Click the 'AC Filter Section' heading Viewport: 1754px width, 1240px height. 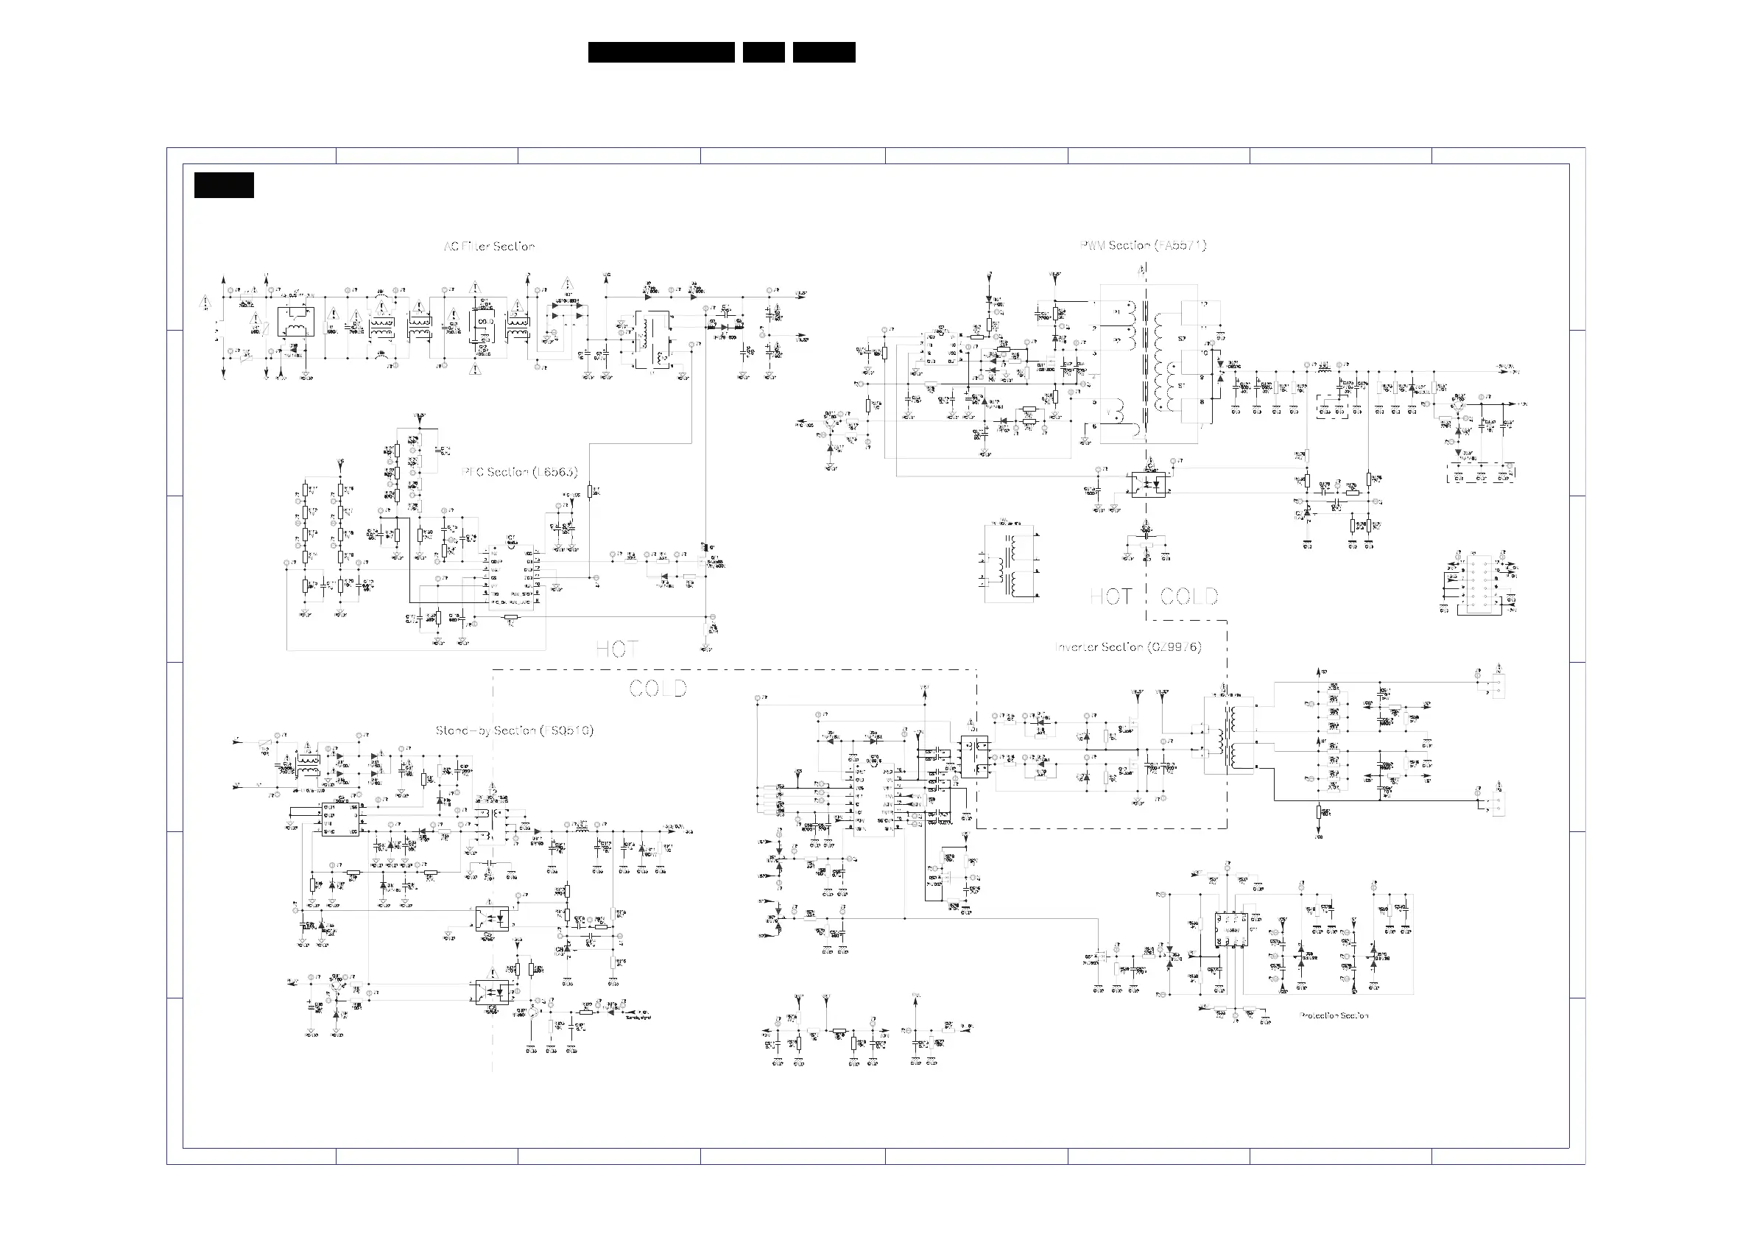tap(489, 247)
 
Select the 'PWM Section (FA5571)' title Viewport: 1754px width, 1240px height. tap(1143, 245)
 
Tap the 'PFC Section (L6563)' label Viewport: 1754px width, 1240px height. tap(519, 472)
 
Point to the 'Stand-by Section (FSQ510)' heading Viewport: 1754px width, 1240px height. tap(514, 730)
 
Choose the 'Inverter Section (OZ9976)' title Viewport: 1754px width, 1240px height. tap(1127, 647)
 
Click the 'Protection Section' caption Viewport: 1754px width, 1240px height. tap(1333, 1015)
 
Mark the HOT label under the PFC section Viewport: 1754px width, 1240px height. tap(616, 649)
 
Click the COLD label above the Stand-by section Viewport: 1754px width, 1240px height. tap(658, 688)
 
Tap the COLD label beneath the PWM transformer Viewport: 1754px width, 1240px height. tap(1188, 596)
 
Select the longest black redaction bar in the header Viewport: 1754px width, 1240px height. tap(661, 52)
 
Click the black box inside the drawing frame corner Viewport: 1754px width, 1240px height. tap(224, 186)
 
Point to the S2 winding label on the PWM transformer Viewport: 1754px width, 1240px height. tap(1182, 339)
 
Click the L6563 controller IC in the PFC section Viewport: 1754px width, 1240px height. tap(516, 578)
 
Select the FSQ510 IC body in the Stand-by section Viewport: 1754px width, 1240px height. tap(341, 819)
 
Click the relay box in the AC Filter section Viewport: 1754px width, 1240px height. tap(295, 322)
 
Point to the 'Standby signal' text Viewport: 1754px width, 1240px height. tap(638, 1017)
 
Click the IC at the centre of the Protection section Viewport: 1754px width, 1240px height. tap(1230, 931)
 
